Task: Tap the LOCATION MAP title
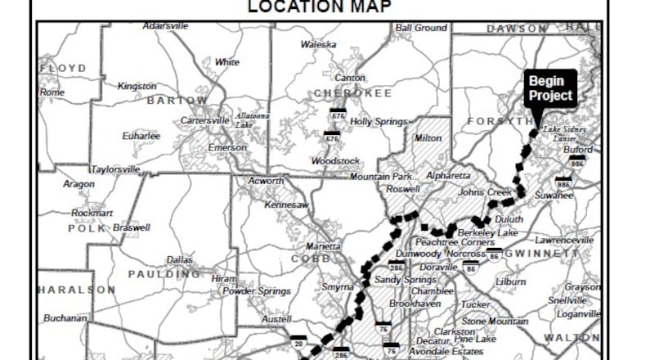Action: pos(320,7)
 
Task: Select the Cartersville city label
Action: pos(205,120)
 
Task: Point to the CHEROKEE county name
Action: pos(353,93)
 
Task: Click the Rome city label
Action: pos(52,92)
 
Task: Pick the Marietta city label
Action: pos(323,246)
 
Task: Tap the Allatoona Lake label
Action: pos(253,120)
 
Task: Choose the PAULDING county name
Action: pos(164,274)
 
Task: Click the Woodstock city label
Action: pos(337,160)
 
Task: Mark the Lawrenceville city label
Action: pos(564,241)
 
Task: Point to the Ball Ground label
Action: pos(421,28)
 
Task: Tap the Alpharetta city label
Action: pos(449,176)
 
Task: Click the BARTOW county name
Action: pos(177,101)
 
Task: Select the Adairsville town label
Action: pos(165,26)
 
